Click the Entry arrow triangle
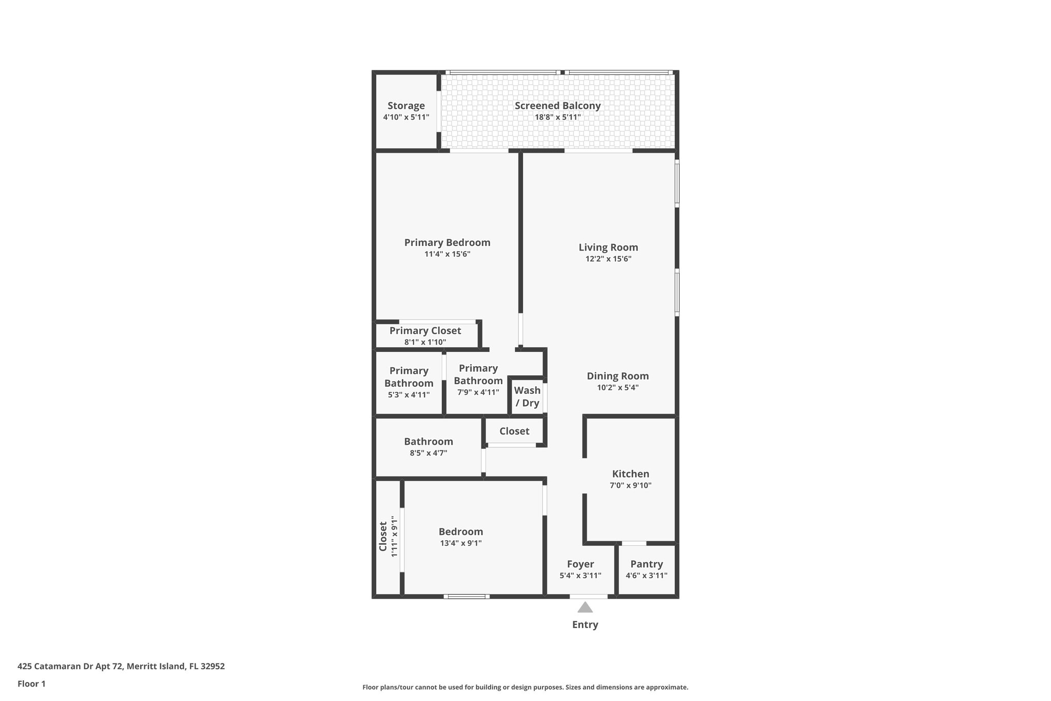[585, 608]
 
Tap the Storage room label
[406, 106]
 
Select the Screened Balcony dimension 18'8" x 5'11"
[557, 117]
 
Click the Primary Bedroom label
[447, 242]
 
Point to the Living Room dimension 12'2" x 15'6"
[608, 259]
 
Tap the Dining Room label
[617, 376]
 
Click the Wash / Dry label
[527, 396]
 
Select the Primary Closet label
[425, 331]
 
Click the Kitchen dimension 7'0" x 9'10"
[630, 485]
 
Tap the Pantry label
[646, 564]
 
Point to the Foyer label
[580, 564]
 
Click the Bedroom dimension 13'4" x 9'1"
[460, 543]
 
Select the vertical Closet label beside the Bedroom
[383, 537]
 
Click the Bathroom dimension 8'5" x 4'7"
[428, 453]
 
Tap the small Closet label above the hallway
[514, 431]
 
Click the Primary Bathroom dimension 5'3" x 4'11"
[408, 395]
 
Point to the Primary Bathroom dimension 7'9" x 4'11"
[478, 392]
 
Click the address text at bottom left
[121, 666]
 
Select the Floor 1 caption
[31, 684]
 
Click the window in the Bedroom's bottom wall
[466, 596]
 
